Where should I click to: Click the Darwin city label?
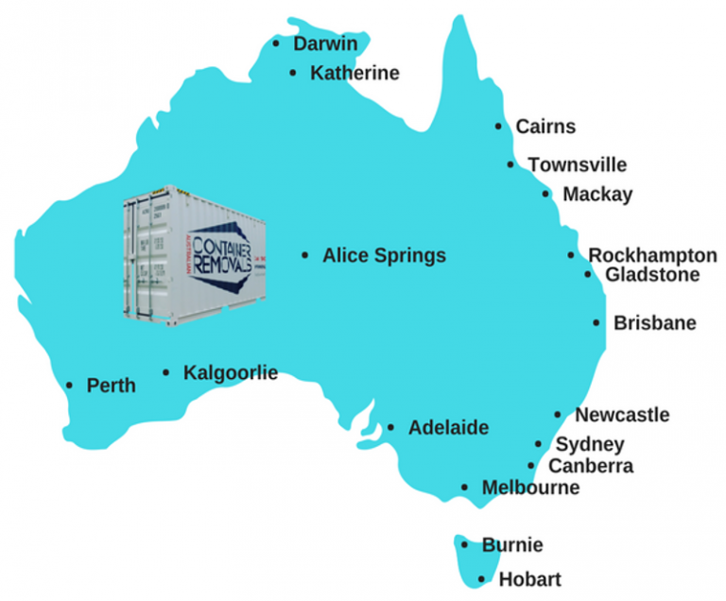pos(324,43)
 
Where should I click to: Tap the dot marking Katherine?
pos(293,73)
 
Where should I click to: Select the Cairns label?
pos(544,127)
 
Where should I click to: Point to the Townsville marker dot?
pos(511,164)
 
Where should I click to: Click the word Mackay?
pos(597,195)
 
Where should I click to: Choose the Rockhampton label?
pos(651,255)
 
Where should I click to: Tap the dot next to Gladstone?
pos(589,275)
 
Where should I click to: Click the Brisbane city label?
pos(654,323)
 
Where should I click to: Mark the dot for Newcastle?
pos(558,415)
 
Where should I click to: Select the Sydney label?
pos(589,444)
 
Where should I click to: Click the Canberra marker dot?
pos(531,466)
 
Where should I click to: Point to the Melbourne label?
pos(529,489)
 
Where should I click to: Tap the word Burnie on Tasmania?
pos(511,545)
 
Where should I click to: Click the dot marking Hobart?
pos(482,579)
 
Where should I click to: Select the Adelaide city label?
pos(448,428)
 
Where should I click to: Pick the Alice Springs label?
pos(384,255)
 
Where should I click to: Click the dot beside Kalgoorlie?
pos(166,373)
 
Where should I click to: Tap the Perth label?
pos(111,386)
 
